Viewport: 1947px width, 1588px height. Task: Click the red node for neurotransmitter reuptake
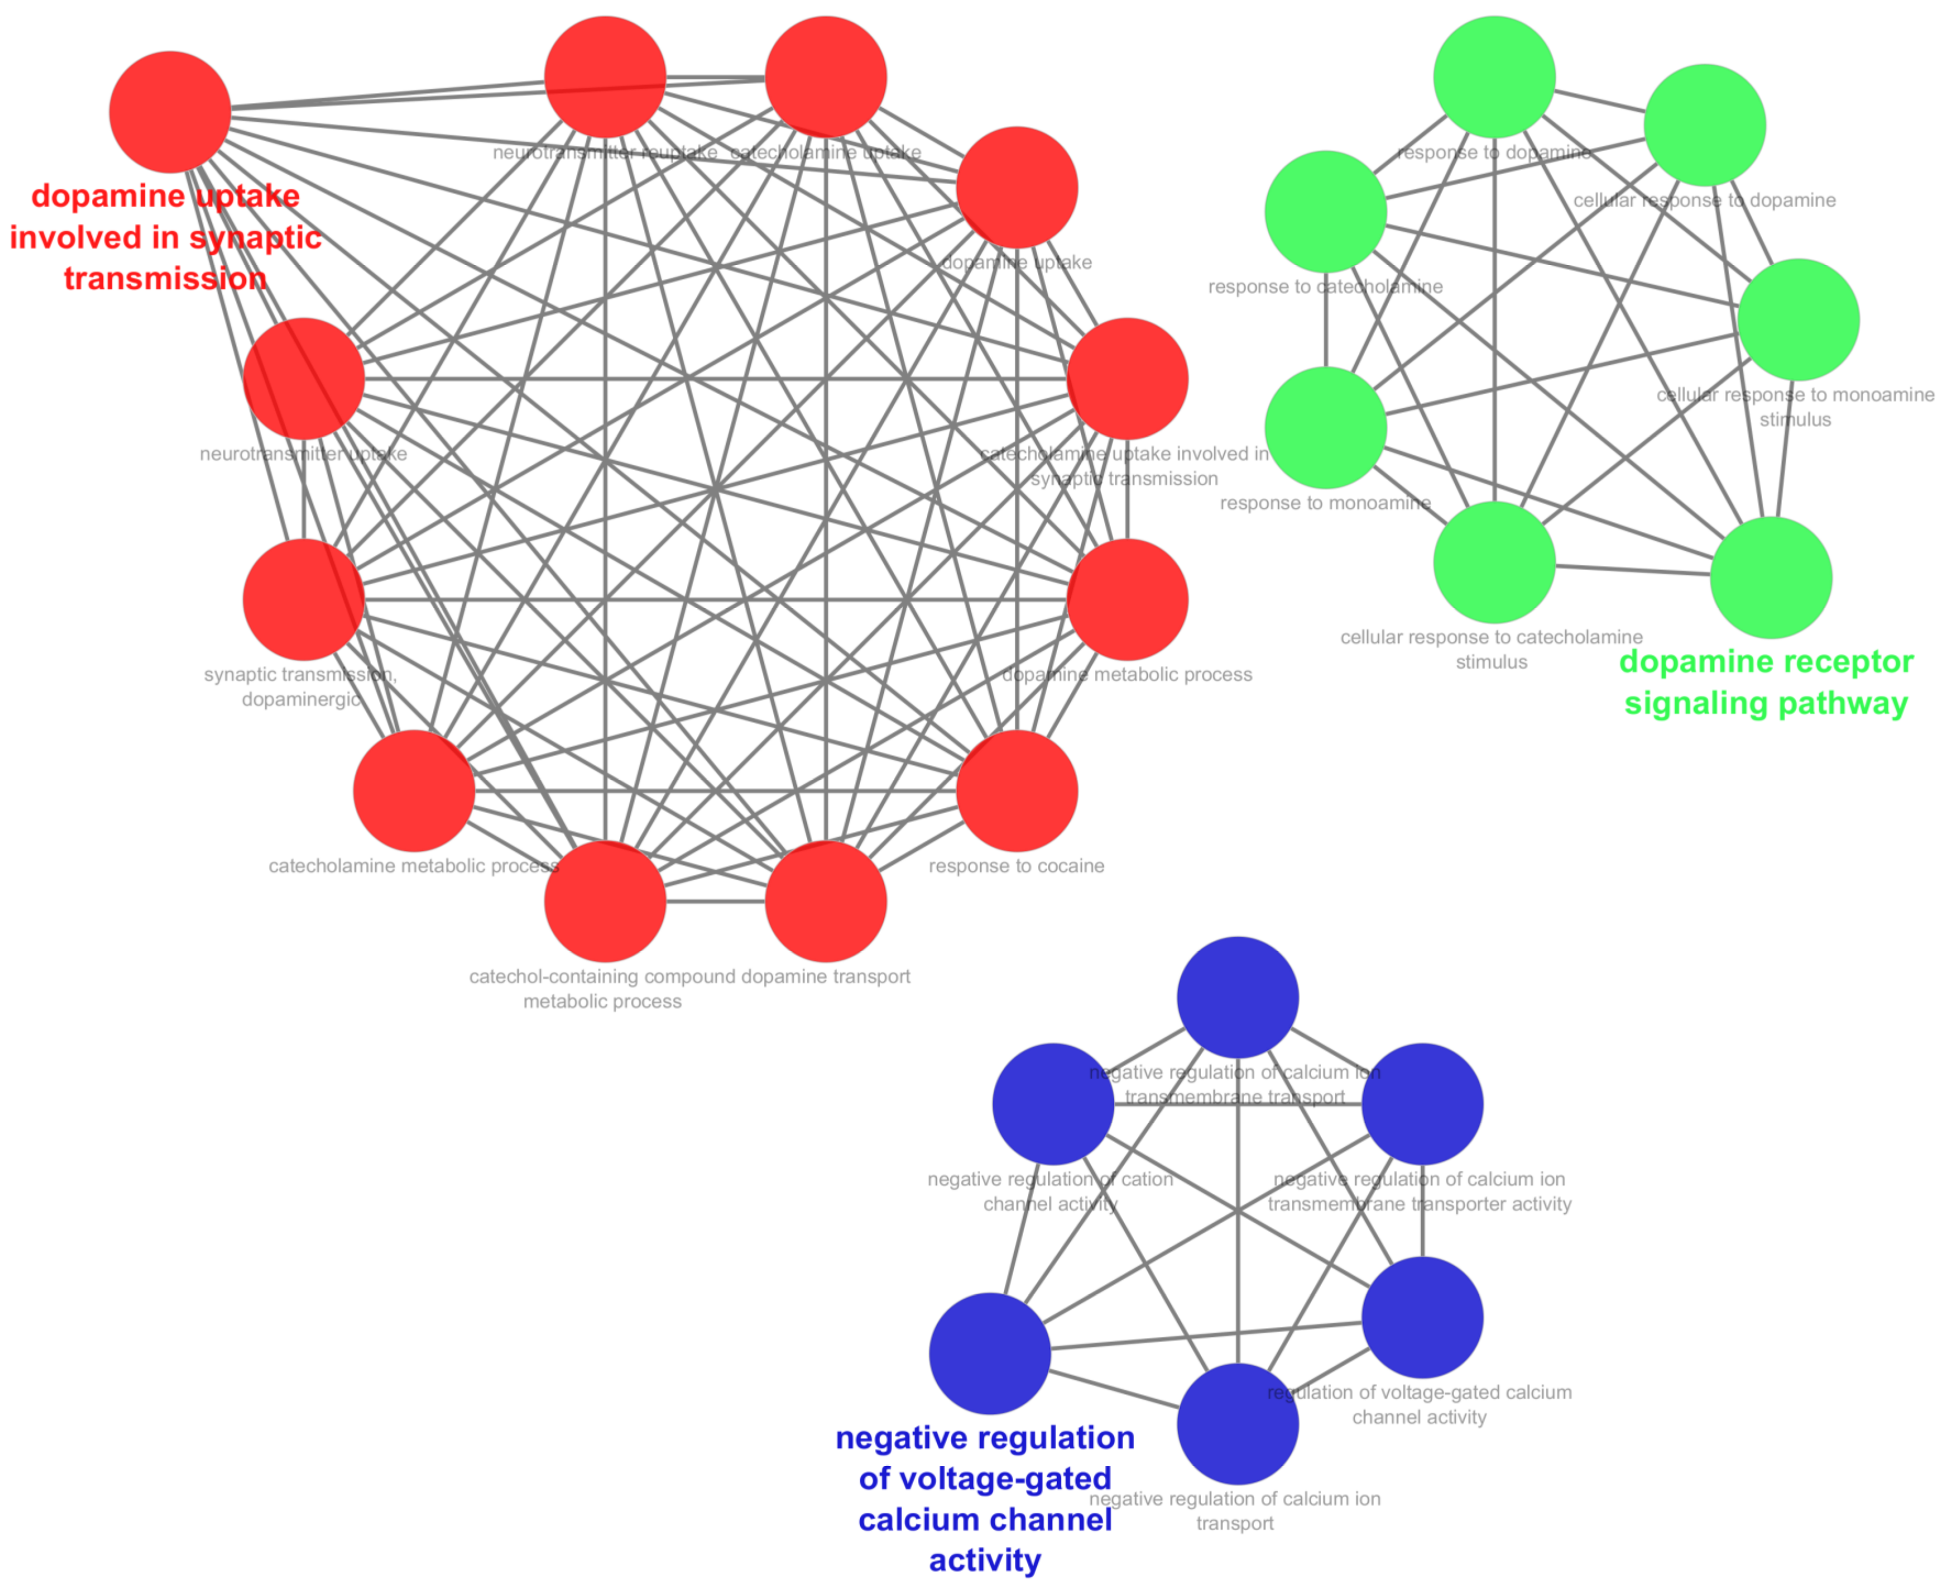tap(605, 77)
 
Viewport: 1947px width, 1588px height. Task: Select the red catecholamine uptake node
tap(826, 77)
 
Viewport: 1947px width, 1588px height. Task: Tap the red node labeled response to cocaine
tap(1016, 790)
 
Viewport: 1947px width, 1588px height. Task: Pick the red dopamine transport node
tap(826, 901)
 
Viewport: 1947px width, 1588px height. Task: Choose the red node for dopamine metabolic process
tap(1127, 599)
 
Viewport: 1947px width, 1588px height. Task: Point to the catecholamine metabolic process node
tap(414, 790)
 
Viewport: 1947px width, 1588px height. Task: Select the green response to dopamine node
tap(1494, 77)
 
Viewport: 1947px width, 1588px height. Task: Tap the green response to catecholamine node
tap(1325, 211)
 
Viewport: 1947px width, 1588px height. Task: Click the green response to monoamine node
tap(1325, 427)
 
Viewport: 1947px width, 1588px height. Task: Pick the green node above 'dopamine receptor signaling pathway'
tap(1770, 577)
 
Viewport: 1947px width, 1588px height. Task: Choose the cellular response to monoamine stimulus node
tap(1798, 319)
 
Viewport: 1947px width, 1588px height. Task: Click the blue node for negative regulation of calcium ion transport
tap(1237, 1424)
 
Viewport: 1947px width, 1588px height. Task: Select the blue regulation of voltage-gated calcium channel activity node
tap(1422, 1317)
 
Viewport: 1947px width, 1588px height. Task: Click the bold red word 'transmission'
tap(164, 278)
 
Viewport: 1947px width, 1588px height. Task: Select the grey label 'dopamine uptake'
tap(1016, 262)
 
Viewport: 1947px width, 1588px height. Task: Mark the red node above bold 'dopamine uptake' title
tap(169, 112)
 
